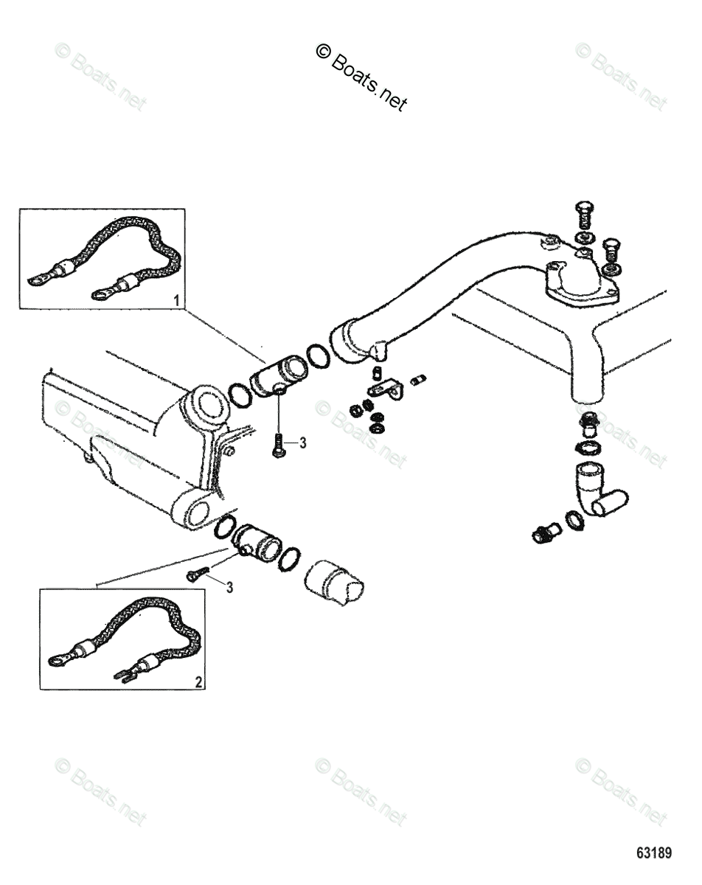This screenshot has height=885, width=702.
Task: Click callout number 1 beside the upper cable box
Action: point(175,299)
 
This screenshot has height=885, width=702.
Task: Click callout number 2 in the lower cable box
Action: point(198,681)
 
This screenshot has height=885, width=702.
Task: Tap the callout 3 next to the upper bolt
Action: point(302,442)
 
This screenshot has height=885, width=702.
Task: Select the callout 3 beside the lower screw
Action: point(231,586)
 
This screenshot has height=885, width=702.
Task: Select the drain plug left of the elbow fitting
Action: point(545,532)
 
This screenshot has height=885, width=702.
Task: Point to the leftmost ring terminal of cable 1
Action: point(35,280)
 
